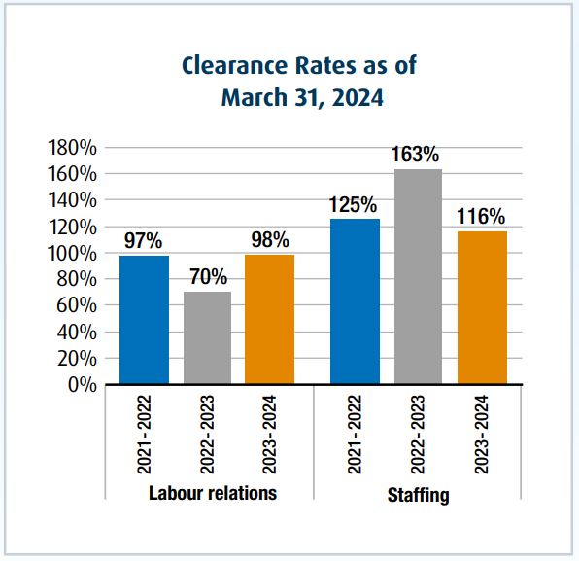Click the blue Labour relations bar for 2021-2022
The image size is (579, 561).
point(144,320)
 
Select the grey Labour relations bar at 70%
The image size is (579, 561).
point(207,337)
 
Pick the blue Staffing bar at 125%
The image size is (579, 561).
point(355,301)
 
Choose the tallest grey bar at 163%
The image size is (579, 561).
point(418,276)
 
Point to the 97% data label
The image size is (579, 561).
point(144,240)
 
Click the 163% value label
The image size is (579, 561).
point(418,154)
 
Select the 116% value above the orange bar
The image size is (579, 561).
point(481,215)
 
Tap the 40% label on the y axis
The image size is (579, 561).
point(77,333)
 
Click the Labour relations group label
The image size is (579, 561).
point(212,493)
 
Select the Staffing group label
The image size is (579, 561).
point(418,496)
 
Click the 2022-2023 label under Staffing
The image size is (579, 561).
point(418,436)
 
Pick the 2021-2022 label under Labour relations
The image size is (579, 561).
point(144,436)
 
